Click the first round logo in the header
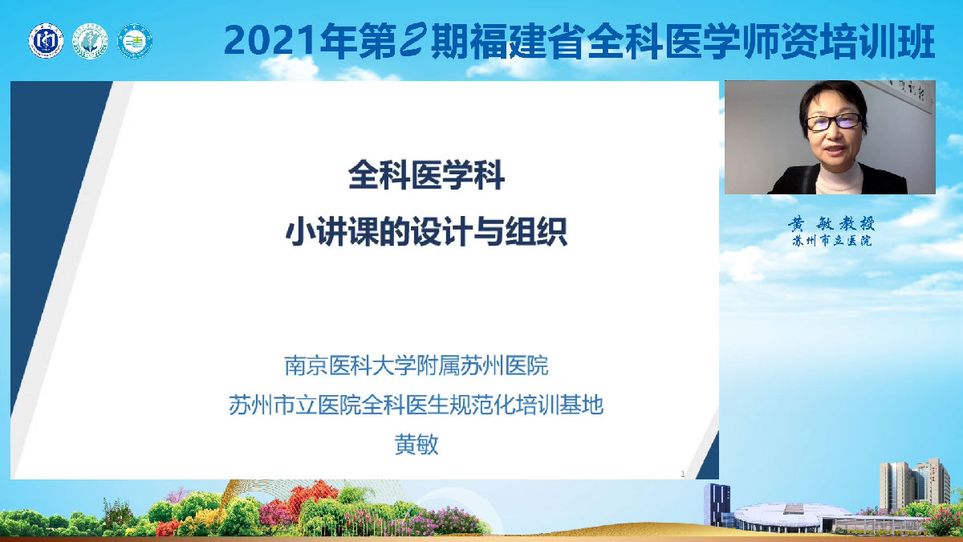coord(46,40)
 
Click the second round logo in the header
coord(90,40)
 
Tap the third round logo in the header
coord(134,40)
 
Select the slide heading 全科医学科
coord(426,177)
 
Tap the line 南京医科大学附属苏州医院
coord(416,367)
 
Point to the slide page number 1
coord(682,474)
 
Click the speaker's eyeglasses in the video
coord(833,121)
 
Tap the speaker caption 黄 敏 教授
coord(831,224)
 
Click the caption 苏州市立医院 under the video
coord(831,241)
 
